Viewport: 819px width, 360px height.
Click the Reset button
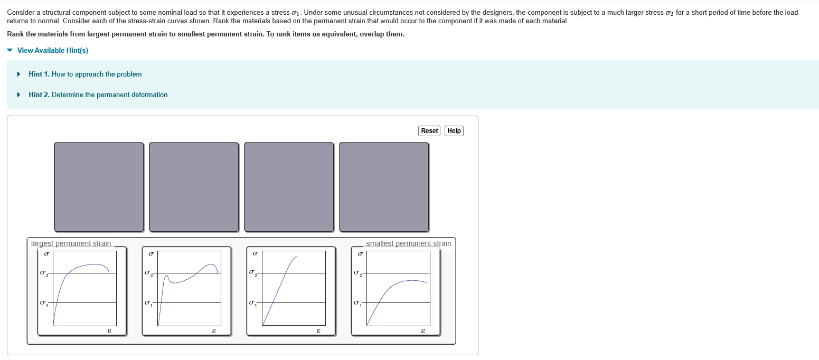click(429, 131)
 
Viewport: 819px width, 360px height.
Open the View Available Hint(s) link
click(52, 51)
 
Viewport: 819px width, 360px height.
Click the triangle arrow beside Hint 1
click(19, 74)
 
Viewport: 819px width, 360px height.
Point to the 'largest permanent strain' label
click(71, 243)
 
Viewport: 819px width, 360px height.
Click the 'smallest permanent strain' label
click(408, 243)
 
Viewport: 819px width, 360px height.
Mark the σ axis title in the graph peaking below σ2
click(360, 254)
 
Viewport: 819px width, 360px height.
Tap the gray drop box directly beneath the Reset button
click(384, 187)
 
